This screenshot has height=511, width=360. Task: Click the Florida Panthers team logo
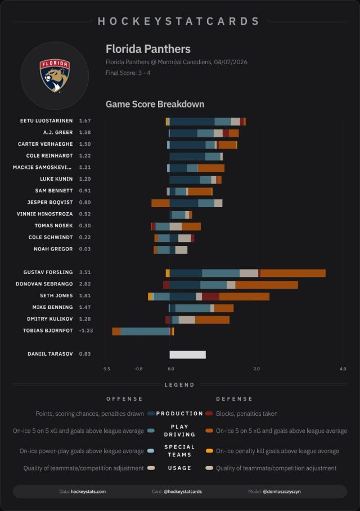55,75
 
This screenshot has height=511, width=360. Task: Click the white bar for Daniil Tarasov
187,355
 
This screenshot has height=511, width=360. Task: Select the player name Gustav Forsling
48,272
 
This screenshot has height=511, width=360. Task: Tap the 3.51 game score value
85,272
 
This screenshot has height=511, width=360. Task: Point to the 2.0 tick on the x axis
256,369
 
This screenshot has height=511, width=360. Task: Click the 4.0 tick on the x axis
343,369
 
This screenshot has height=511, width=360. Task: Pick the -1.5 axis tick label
106,369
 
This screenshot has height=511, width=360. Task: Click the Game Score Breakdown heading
155,105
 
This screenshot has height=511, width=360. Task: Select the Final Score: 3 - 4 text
128,73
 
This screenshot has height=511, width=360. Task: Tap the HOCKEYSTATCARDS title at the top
179,21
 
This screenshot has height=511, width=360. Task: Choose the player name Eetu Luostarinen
46,121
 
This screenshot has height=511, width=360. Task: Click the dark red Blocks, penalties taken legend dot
209,414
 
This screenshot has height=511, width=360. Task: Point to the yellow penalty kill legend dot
209,451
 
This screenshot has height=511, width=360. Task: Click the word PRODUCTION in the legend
179,414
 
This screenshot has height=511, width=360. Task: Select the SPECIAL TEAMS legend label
179,451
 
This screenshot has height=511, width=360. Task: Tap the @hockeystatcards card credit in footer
183,492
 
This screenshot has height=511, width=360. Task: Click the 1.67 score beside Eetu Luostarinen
85,121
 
